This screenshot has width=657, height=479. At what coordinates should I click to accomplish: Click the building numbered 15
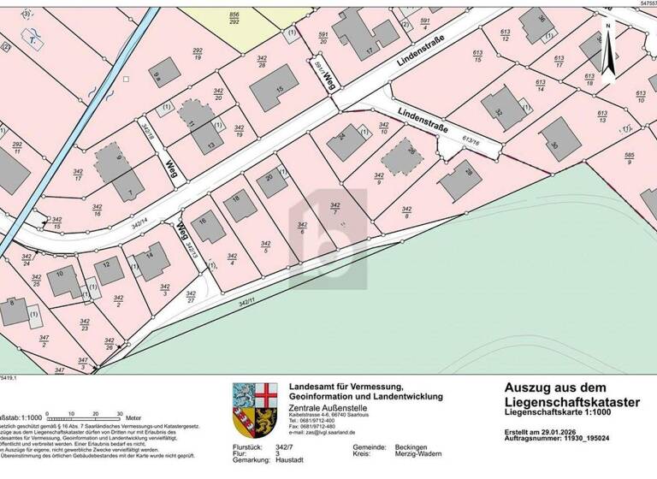pyautogui.click(x=274, y=88)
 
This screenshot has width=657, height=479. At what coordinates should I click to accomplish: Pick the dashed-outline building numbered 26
pyautogui.click(x=402, y=157)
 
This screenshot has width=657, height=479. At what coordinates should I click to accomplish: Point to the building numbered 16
pyautogui.click(x=206, y=226)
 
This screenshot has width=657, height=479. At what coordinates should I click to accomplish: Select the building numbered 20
pyautogui.click(x=272, y=181)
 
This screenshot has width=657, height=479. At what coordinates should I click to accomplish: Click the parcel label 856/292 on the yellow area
pyautogui.click(x=234, y=19)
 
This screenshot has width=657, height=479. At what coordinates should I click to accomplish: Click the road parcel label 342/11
pyautogui.click(x=247, y=301)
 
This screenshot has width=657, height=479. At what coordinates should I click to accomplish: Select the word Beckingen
pyautogui.click(x=411, y=446)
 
